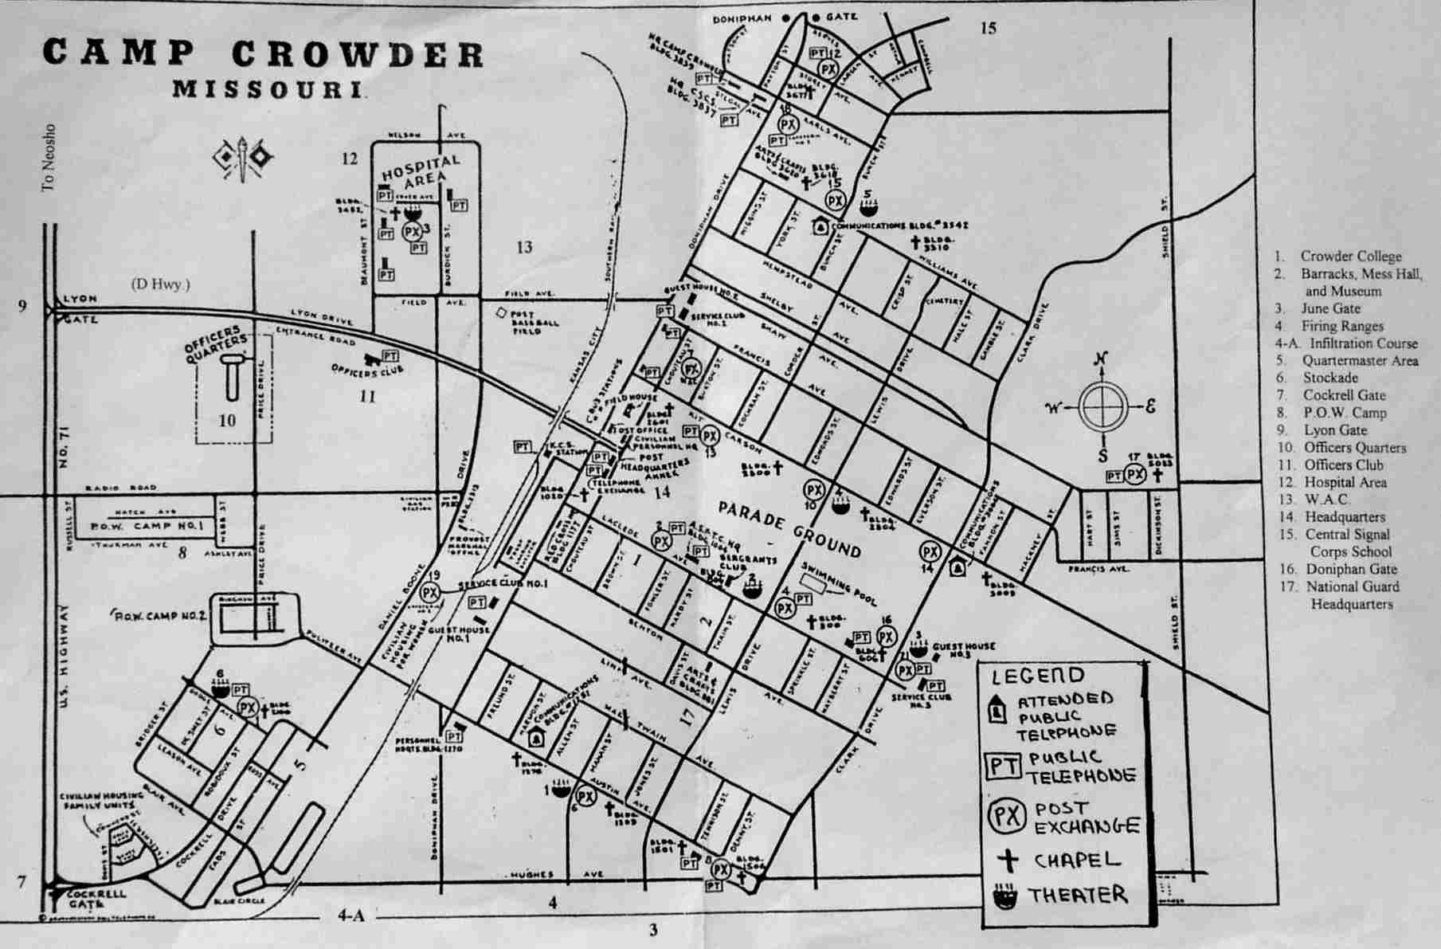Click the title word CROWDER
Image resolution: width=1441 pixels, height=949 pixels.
click(358, 54)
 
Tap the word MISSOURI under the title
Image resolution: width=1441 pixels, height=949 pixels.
click(269, 88)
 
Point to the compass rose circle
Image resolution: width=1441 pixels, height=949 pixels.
click(1103, 406)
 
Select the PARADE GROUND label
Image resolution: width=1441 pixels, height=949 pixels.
click(789, 529)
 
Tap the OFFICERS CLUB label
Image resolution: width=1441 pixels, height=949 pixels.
click(367, 370)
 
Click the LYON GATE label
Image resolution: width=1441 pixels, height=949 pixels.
click(79, 309)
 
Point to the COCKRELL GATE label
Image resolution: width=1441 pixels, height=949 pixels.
click(96, 898)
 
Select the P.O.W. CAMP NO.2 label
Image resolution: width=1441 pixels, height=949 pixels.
click(161, 616)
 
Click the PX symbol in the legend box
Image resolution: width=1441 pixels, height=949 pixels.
click(1006, 816)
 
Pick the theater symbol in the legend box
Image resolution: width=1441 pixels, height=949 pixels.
click(1005, 897)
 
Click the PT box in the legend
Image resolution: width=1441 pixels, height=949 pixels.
click(1003, 767)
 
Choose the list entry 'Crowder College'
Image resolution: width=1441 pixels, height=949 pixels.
click(1350, 257)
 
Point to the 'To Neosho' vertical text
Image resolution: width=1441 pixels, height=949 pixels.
click(49, 157)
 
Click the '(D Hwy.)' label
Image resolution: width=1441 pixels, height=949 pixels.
click(161, 284)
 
